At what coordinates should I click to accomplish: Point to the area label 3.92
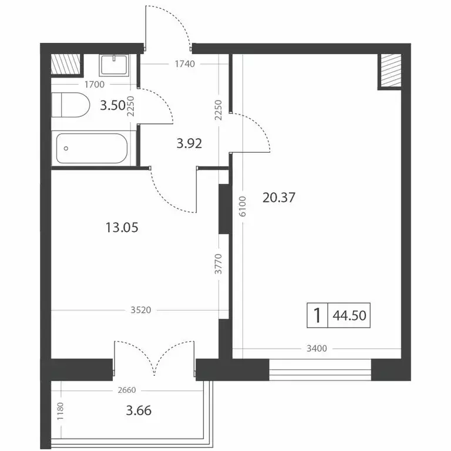click(190, 143)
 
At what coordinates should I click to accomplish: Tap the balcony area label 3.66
click(139, 410)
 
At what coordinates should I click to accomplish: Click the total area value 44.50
click(349, 316)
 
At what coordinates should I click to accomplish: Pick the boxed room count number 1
click(317, 316)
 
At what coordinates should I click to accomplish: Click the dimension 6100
click(241, 207)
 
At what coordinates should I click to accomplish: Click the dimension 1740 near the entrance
click(183, 63)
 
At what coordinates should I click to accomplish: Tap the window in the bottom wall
click(320, 370)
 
